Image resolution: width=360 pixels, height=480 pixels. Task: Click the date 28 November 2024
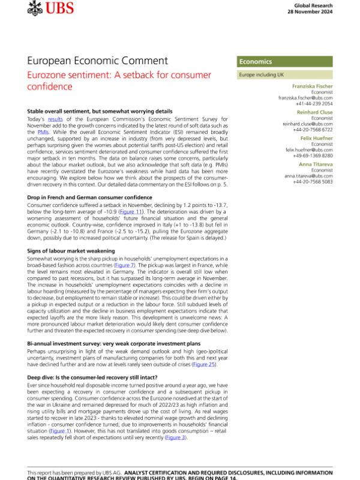pyautogui.click(x=313, y=11)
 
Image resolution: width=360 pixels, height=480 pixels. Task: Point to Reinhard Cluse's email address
pyautogui.click(x=307, y=124)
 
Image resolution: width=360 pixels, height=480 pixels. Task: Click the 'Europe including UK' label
pyautogui.click(x=262, y=76)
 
